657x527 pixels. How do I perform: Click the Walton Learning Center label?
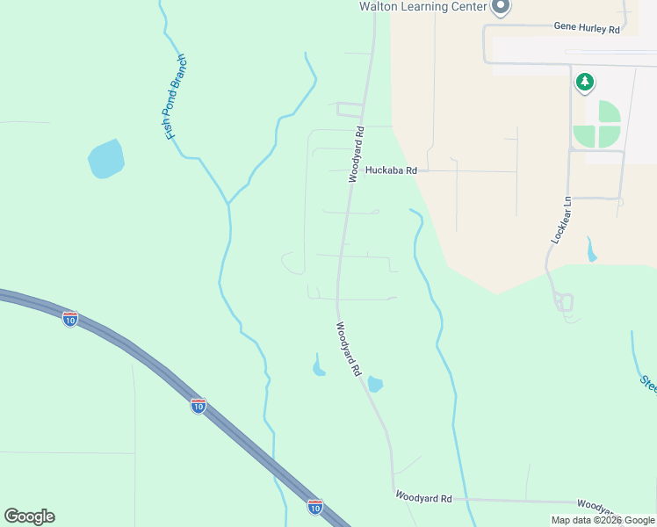click(x=423, y=6)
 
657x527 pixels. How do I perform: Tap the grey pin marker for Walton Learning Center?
click(x=501, y=7)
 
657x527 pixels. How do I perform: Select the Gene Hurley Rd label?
click(x=587, y=28)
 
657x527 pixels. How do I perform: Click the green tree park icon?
click(x=584, y=83)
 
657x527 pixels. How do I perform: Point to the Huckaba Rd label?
click(x=391, y=170)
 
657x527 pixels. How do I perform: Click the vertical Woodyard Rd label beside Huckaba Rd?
click(x=357, y=154)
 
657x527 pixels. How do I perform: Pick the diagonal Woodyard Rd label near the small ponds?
click(x=348, y=349)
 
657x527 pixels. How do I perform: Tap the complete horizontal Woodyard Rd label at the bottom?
click(x=423, y=498)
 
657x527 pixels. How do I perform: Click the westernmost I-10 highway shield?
click(x=70, y=319)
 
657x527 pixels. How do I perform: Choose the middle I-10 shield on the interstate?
click(x=199, y=405)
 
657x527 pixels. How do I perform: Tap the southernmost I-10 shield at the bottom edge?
click(x=314, y=506)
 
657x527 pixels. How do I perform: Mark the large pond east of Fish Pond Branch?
click(x=105, y=158)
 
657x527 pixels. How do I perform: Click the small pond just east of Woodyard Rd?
click(x=375, y=384)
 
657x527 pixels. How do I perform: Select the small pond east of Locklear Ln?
click(x=591, y=250)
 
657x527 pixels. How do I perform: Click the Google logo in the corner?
click(x=29, y=516)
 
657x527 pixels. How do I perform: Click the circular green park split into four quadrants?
click(x=597, y=125)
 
